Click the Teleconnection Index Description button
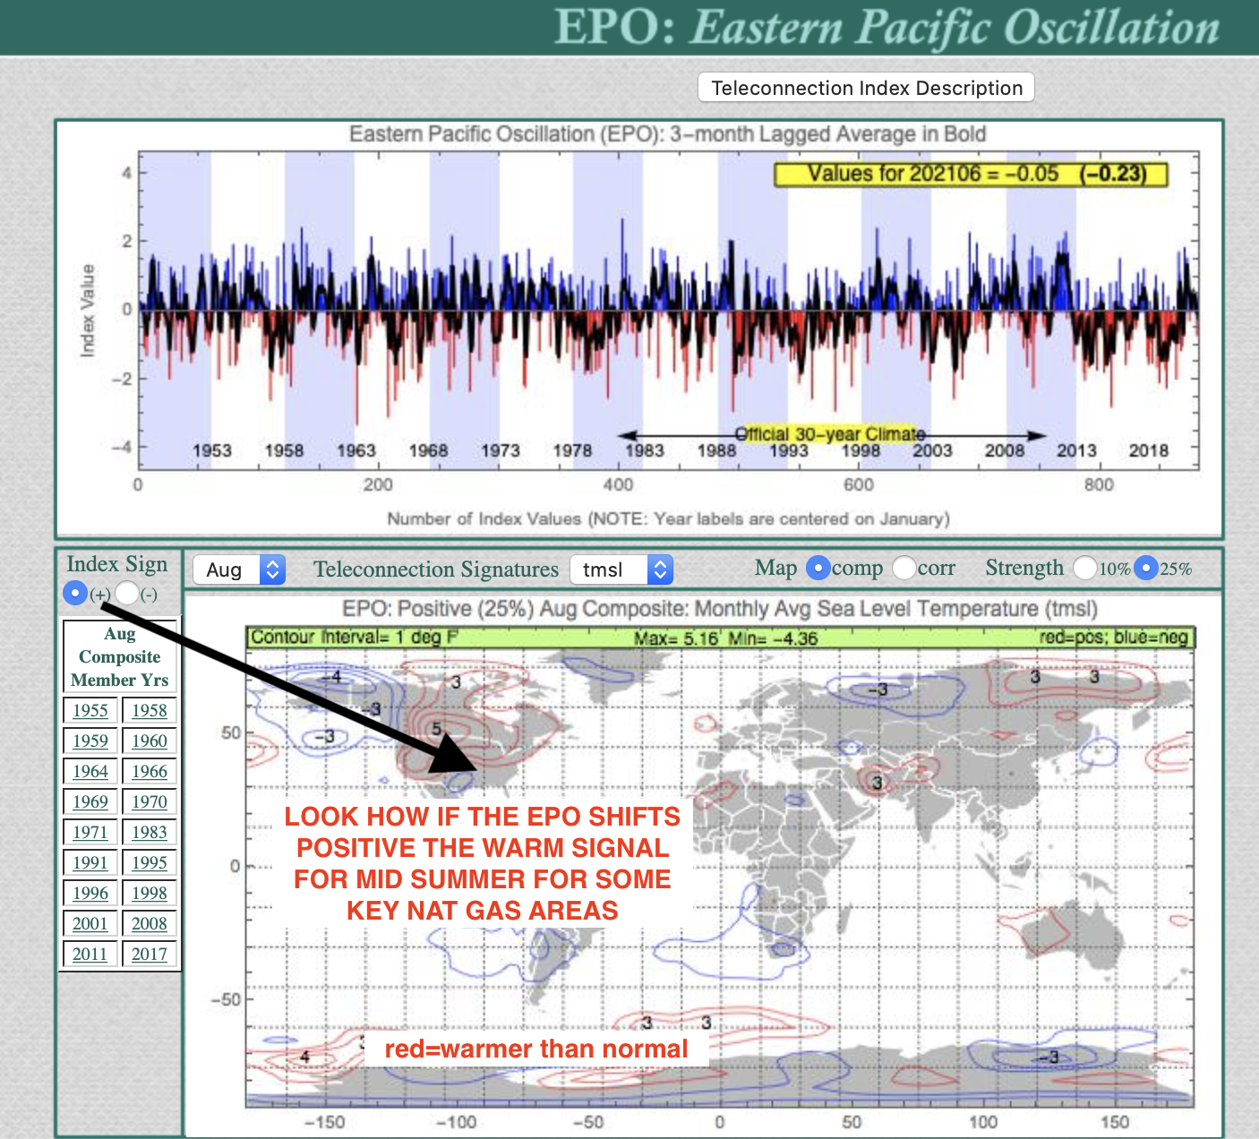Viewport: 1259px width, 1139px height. pos(866,87)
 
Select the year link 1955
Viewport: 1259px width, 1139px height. pos(90,710)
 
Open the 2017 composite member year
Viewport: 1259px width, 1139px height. pos(150,954)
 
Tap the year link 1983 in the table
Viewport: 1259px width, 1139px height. pos(150,832)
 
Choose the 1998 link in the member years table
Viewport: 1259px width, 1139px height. pos(150,893)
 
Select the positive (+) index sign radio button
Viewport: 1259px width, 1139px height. pos(75,594)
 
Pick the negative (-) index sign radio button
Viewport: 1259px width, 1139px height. pos(127,594)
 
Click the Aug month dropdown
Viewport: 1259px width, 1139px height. pos(239,569)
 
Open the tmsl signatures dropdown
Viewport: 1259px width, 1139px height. pos(621,569)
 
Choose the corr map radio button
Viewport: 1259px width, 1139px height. pos(904,569)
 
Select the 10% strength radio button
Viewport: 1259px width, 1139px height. pos(1085,569)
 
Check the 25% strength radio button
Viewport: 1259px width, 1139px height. pos(1146,569)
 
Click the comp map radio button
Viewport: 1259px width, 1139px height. pos(818,569)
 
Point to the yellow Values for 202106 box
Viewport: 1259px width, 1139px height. pos(971,175)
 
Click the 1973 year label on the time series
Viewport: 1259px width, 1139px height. pos(501,450)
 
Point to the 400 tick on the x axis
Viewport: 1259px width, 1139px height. pos(618,484)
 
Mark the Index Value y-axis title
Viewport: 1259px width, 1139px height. pos(87,310)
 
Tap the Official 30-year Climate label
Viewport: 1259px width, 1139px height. pos(830,434)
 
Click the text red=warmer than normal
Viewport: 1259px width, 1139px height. pos(536,1049)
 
